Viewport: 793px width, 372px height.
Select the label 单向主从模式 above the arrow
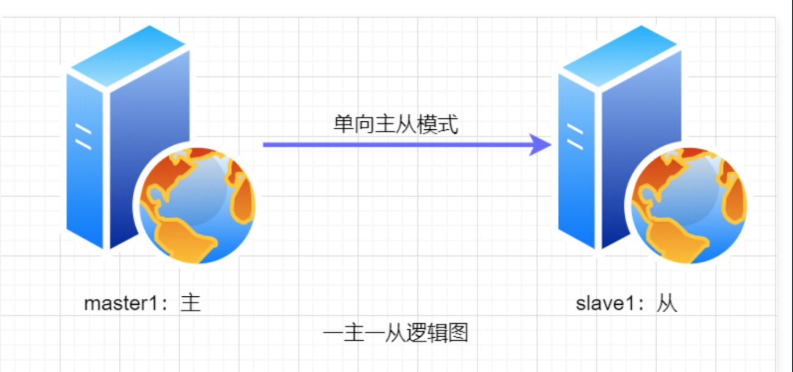pyautogui.click(x=395, y=124)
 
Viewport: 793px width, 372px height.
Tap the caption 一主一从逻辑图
pyautogui.click(x=396, y=334)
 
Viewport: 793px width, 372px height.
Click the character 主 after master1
pyautogui.click(x=191, y=304)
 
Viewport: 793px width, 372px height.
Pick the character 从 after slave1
pyautogui.click(x=667, y=304)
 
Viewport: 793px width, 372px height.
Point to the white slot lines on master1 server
pyautogui.click(x=83, y=137)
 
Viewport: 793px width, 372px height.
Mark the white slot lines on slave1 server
pyautogui.click(x=574, y=137)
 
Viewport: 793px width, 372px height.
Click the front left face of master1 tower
pyautogui.click(x=86, y=183)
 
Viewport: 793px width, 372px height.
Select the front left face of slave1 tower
pyautogui.click(x=578, y=183)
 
